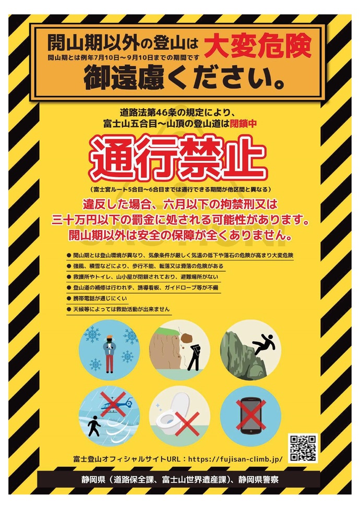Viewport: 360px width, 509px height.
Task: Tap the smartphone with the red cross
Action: tap(250, 415)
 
